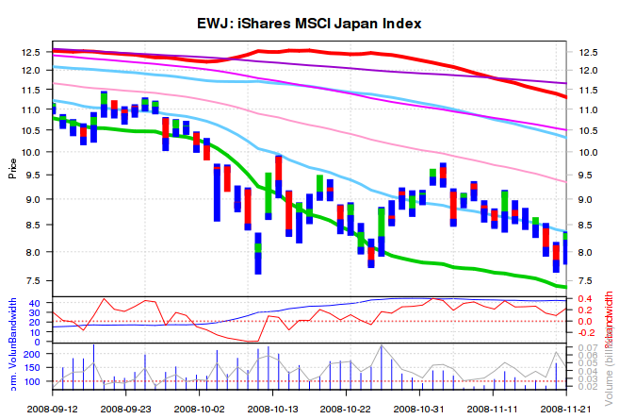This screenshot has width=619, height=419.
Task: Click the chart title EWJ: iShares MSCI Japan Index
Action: [309, 22]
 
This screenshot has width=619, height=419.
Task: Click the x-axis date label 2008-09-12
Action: [53, 409]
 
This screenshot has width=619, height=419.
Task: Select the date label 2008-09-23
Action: [127, 409]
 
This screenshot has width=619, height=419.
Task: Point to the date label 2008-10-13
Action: [273, 409]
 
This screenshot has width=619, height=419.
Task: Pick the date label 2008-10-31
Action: [419, 409]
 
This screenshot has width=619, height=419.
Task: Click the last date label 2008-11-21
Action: [566, 409]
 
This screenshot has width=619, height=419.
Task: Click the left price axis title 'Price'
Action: [12, 169]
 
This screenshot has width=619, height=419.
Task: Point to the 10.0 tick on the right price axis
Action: [588, 152]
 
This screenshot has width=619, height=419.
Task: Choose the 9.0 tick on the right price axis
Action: [588, 199]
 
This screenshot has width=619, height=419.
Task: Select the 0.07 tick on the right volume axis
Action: [590, 348]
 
